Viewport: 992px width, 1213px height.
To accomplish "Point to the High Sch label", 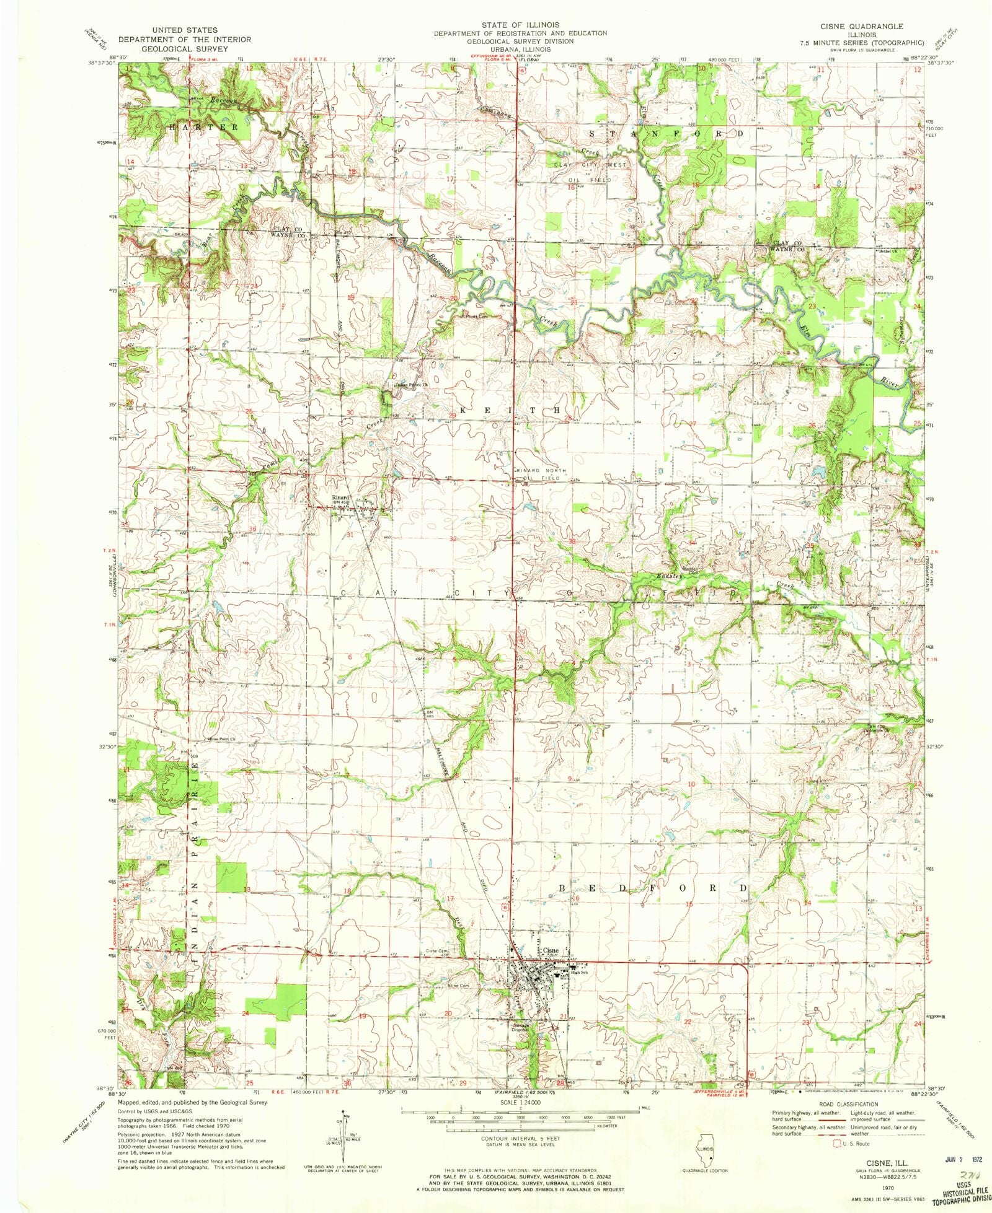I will click(580, 972).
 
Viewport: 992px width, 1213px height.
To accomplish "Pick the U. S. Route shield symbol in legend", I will click(839, 1144).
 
